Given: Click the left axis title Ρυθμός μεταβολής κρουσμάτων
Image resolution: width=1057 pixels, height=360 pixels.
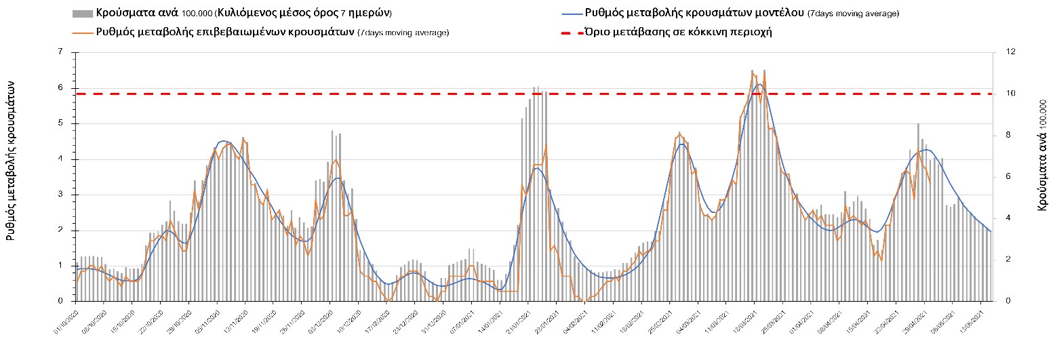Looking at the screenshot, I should [x=12, y=159].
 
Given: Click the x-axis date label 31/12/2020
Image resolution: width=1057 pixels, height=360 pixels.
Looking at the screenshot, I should [x=434, y=319].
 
